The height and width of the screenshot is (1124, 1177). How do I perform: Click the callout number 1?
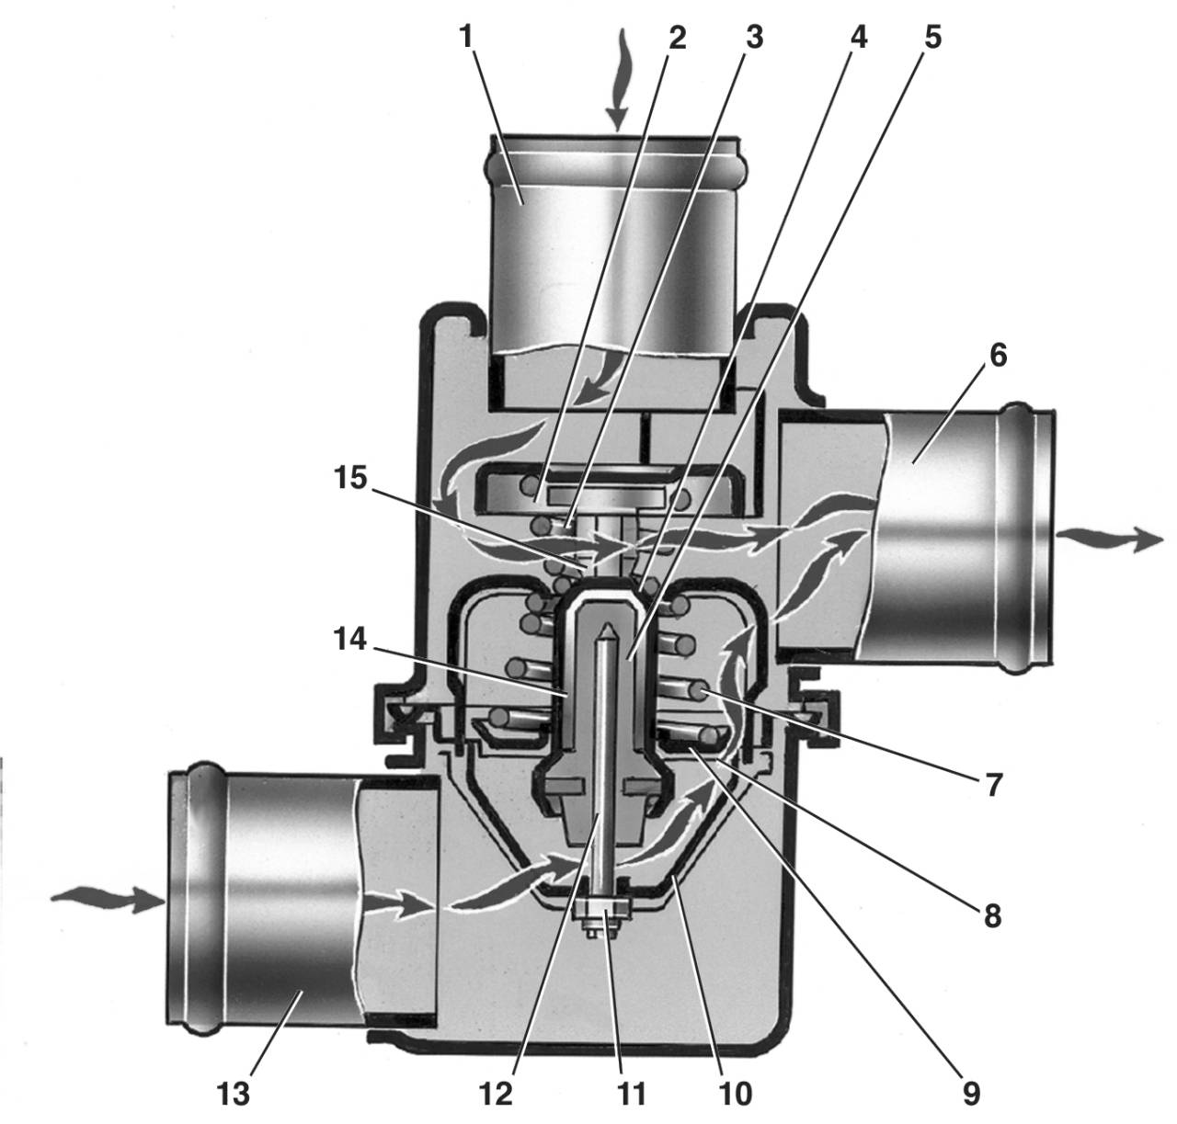(465, 37)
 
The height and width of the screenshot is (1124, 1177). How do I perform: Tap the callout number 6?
(998, 355)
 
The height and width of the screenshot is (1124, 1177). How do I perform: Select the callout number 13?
(233, 1093)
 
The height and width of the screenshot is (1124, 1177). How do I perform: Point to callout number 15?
(351, 478)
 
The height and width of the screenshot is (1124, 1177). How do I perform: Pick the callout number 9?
(971, 1093)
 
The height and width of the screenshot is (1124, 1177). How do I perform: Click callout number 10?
(735, 1093)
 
